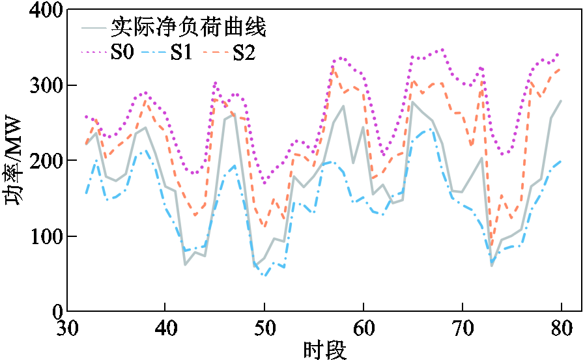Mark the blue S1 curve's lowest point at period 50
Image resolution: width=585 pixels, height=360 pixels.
[x=264, y=275]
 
